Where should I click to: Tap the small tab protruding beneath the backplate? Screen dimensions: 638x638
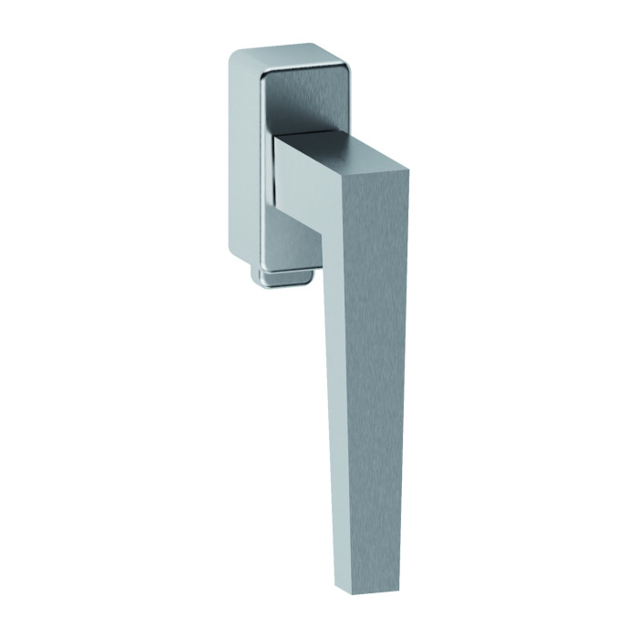click(287, 278)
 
